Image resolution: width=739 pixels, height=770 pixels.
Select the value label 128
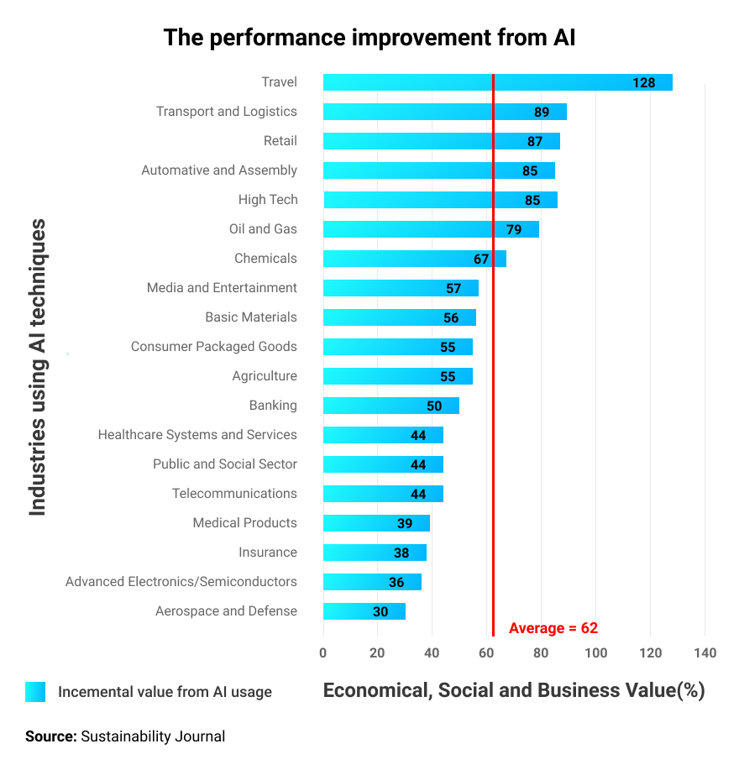click(643, 82)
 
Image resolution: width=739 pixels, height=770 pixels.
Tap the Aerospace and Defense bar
click(364, 611)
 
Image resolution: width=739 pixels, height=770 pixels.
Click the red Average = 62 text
click(553, 628)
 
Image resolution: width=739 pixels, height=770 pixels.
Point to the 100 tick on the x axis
click(595, 653)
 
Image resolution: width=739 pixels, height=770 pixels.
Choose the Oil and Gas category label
click(263, 229)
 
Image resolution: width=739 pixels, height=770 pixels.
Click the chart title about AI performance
click(369, 38)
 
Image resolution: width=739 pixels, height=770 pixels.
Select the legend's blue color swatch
click(35, 692)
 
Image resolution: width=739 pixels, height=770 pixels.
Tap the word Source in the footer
click(50, 736)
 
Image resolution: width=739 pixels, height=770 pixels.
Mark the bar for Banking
click(390, 406)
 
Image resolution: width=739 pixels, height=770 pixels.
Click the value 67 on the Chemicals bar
click(481, 259)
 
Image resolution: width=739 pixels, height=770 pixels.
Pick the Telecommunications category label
click(234, 494)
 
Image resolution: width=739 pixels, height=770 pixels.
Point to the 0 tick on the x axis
click(323, 653)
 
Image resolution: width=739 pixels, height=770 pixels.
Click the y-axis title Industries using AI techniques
click(38, 367)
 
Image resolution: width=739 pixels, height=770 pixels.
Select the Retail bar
click(441, 141)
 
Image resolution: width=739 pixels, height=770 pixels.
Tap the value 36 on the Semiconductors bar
click(396, 583)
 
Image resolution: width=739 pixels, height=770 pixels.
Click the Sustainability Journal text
click(153, 736)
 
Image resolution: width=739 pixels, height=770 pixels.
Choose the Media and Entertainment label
click(222, 288)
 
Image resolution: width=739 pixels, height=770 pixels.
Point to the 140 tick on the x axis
click(705, 653)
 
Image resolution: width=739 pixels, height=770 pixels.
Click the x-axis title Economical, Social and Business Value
click(513, 690)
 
